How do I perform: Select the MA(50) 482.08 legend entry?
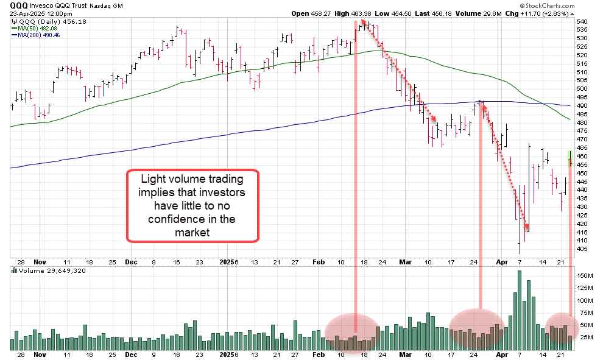click(x=38, y=28)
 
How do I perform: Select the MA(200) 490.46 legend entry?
click(x=39, y=35)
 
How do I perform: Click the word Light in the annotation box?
click(x=153, y=180)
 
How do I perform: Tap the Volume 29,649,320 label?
click(x=52, y=270)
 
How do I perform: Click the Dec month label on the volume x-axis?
click(x=132, y=354)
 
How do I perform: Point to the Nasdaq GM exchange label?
click(x=128, y=5)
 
